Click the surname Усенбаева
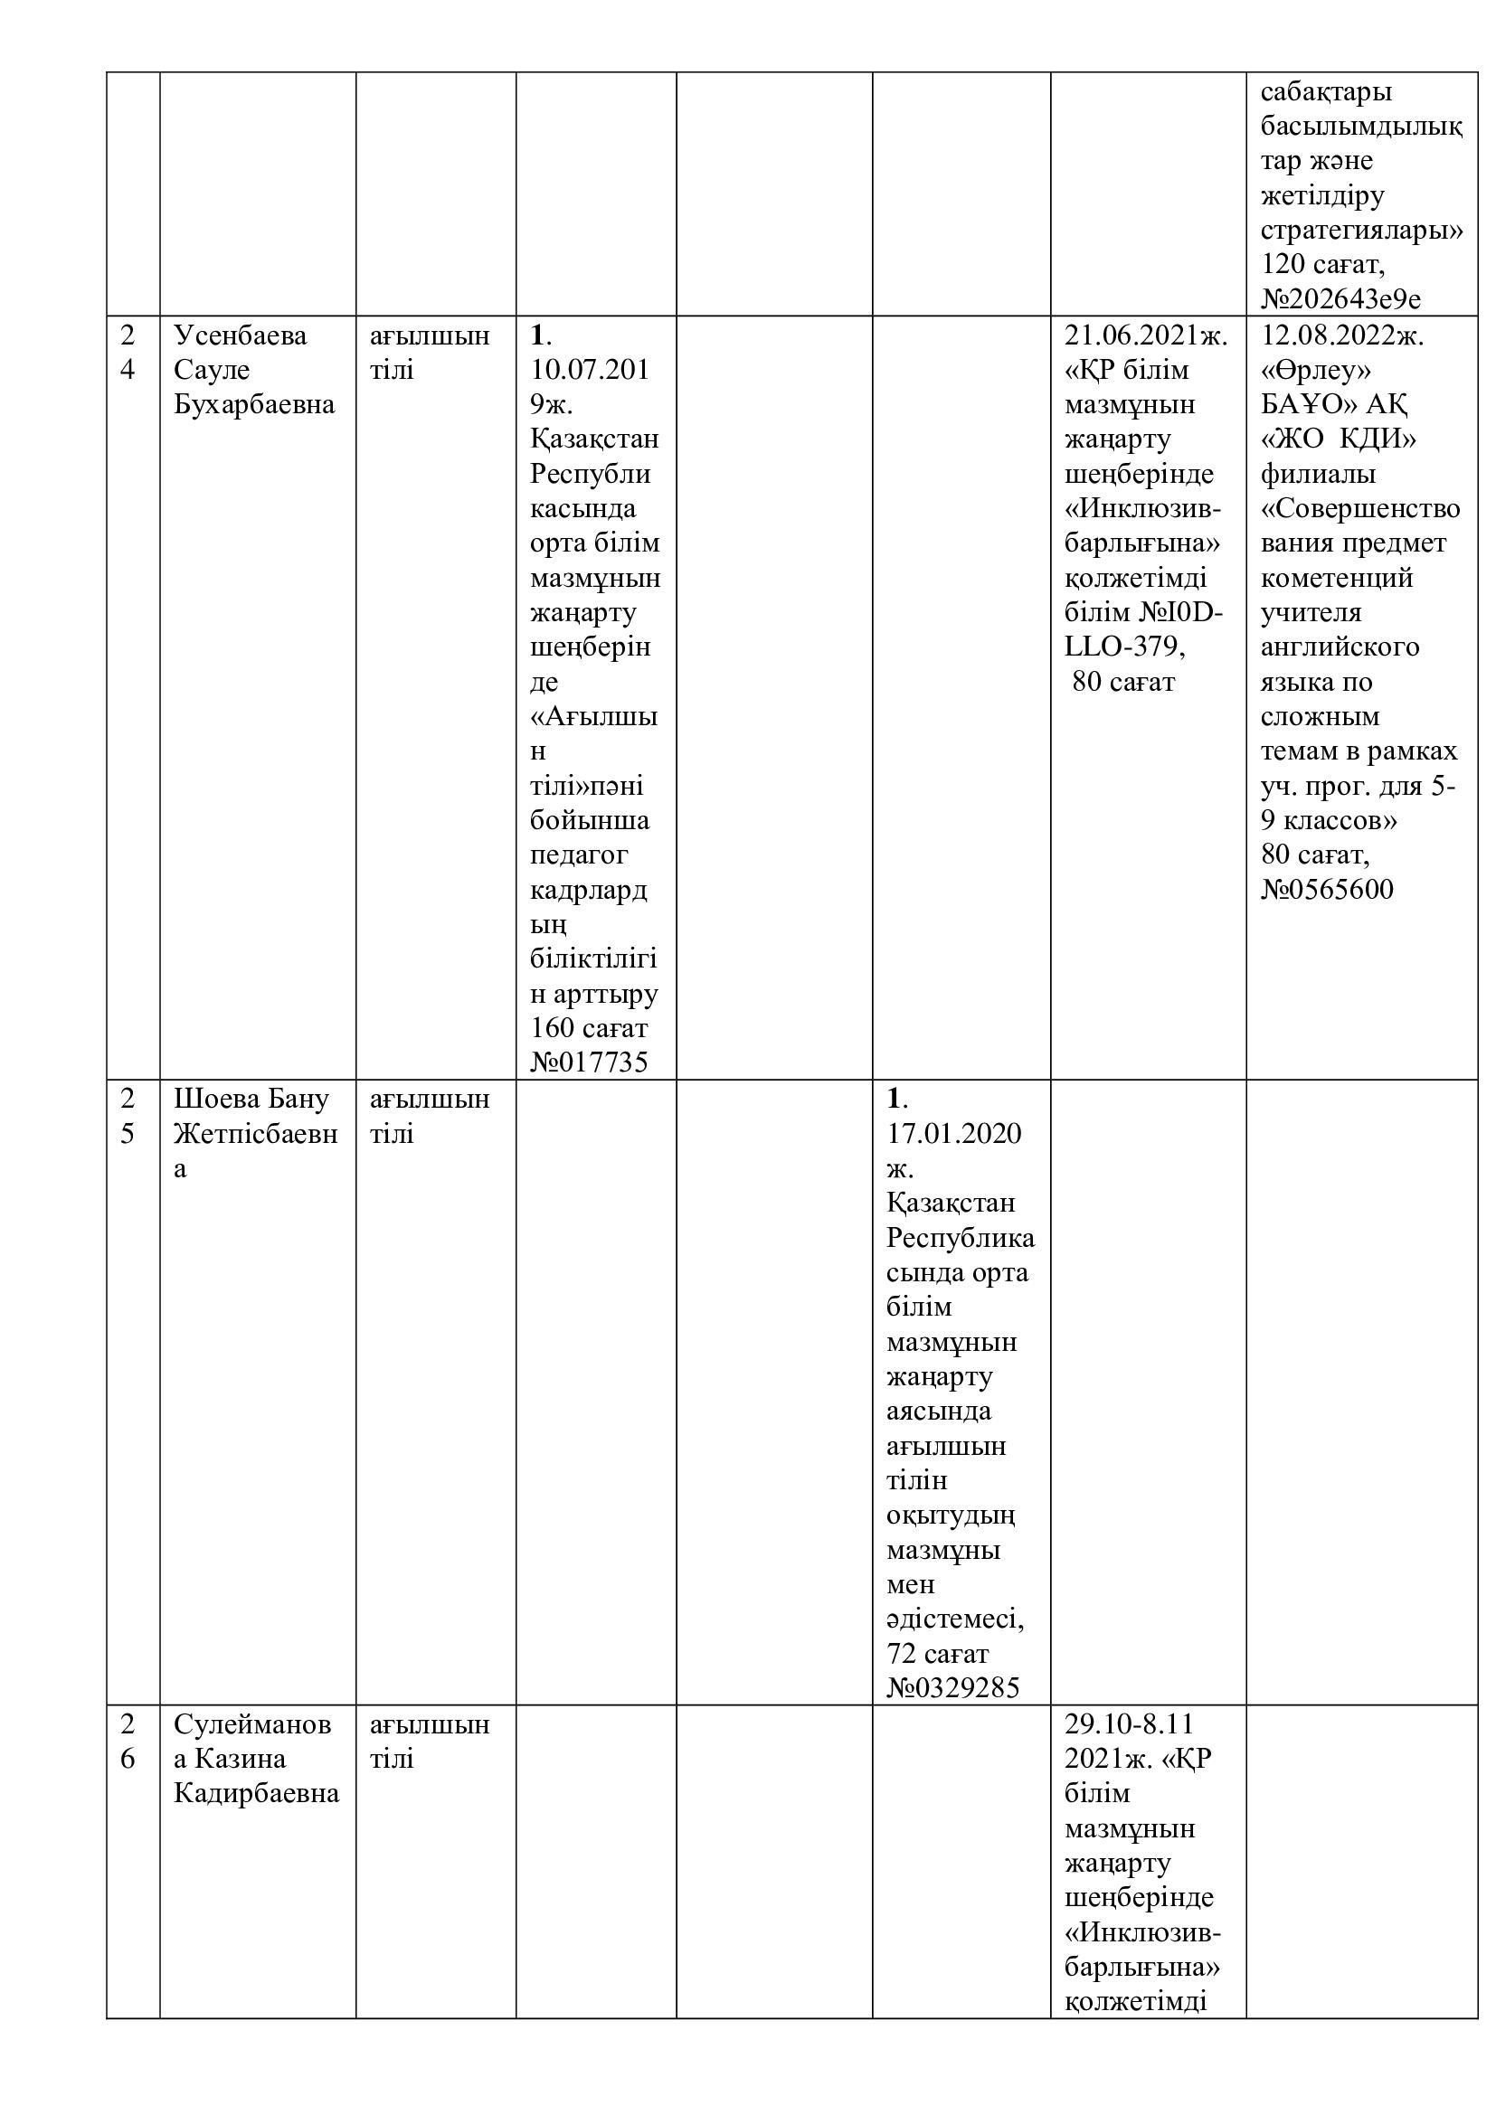point(241,335)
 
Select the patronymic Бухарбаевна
point(254,404)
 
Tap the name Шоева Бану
point(251,1099)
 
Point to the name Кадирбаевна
point(256,1792)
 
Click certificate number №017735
point(589,1062)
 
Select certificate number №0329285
point(952,1687)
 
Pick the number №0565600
point(1327,889)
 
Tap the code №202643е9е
point(1340,298)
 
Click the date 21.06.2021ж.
point(1146,335)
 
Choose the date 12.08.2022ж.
point(1342,335)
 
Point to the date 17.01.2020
point(953,1133)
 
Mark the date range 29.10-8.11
point(1129,1723)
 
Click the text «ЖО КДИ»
point(1338,439)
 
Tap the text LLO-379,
point(1124,647)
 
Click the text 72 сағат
point(937,1654)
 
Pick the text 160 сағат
point(589,1027)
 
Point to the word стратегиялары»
point(1360,230)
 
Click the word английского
point(1340,647)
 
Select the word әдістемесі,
point(955,1619)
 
